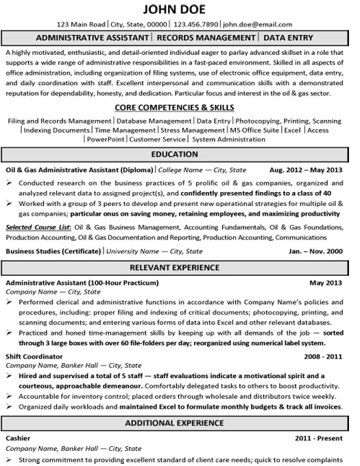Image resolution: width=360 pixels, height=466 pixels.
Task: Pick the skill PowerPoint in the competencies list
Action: pyautogui.click(x=108, y=139)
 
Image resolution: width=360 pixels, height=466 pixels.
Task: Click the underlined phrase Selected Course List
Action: pyautogui.click(x=37, y=226)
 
